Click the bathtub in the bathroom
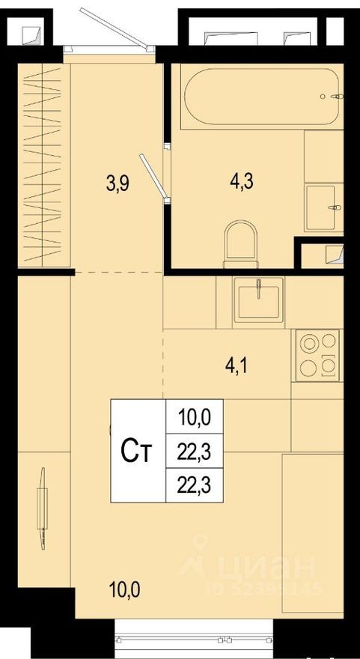pos(262,97)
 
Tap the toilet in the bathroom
pos(241,244)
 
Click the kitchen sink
pos(259,300)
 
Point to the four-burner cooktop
pos(317,355)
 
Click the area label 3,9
pos(119,183)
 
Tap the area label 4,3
pos(241,183)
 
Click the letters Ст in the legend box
pos(135,452)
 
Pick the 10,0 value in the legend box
pos(194,417)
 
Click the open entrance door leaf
pos(115,28)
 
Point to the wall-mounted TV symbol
pos(42,508)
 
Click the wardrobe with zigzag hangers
pos(43,165)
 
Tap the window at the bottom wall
pos(194,638)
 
